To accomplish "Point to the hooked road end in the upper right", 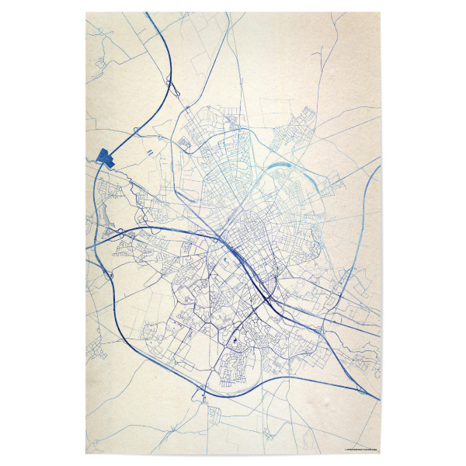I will pyautogui.click(x=318, y=54).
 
